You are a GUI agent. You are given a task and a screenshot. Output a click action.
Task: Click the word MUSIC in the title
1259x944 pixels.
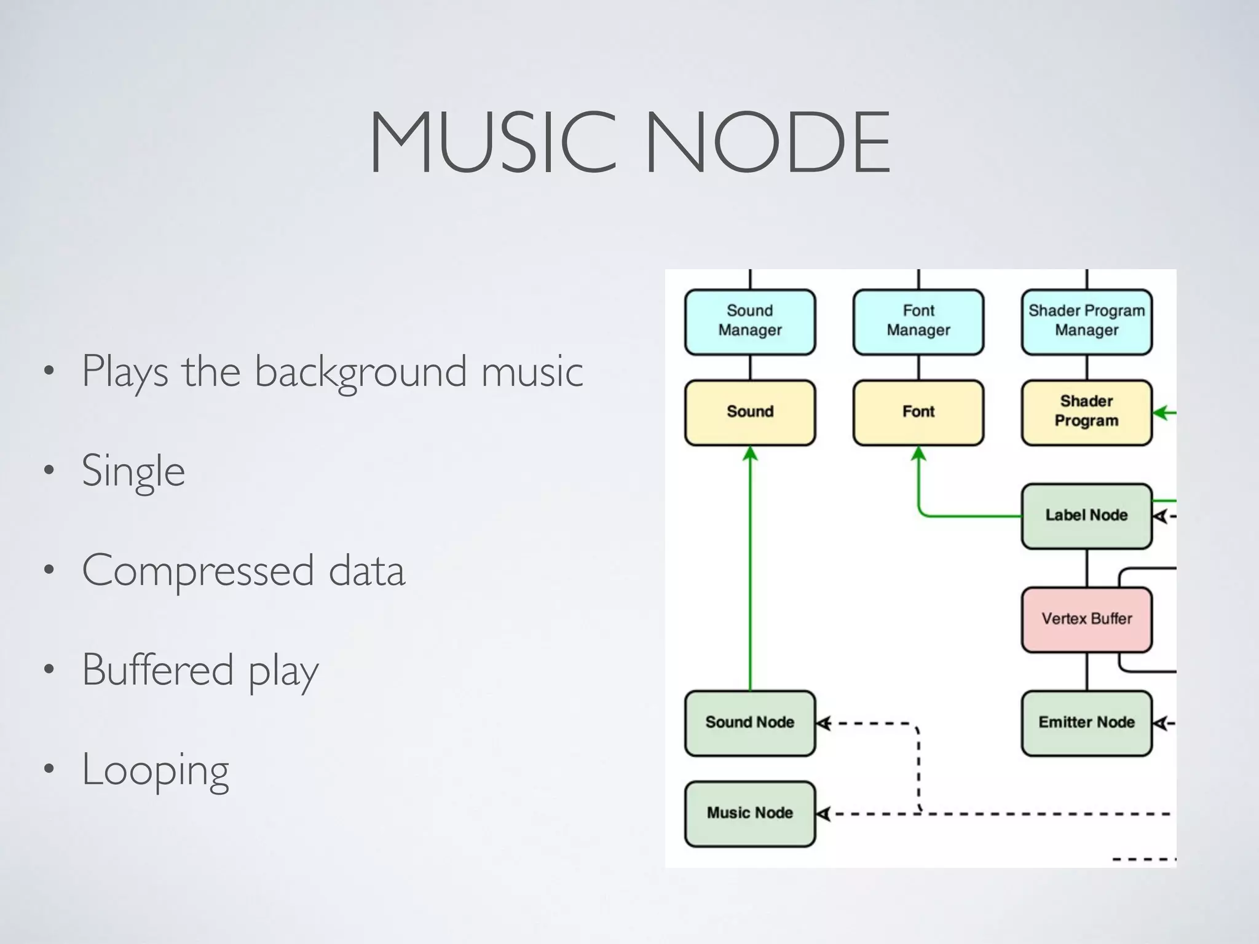492,143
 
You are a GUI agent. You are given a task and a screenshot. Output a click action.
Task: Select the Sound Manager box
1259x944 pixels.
750,322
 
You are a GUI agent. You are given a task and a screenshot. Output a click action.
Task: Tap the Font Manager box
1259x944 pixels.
918,322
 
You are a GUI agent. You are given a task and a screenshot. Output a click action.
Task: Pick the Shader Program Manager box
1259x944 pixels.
1086,322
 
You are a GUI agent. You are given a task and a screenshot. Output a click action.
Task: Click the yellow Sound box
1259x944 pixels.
750,412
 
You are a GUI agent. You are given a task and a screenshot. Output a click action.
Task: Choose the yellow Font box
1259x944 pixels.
918,412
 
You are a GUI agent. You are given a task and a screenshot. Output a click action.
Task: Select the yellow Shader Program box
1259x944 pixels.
1086,412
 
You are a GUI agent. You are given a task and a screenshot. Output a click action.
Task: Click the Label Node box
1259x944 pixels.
1086,516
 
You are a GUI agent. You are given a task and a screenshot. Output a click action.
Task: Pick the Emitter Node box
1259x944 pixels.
1086,723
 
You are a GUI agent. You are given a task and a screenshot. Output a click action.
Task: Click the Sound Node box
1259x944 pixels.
750,723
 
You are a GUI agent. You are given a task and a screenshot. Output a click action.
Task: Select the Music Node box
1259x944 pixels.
750,813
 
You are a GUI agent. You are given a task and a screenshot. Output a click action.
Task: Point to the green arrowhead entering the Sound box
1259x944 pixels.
750,454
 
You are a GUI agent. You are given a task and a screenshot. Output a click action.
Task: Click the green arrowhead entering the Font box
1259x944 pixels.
918,454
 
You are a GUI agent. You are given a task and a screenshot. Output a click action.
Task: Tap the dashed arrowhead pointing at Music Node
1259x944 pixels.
824,814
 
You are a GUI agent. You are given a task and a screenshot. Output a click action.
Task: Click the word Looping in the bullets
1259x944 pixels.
156,771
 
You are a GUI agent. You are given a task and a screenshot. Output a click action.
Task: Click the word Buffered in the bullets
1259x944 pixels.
158,670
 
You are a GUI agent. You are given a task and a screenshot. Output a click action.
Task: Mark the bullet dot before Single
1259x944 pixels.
49,471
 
